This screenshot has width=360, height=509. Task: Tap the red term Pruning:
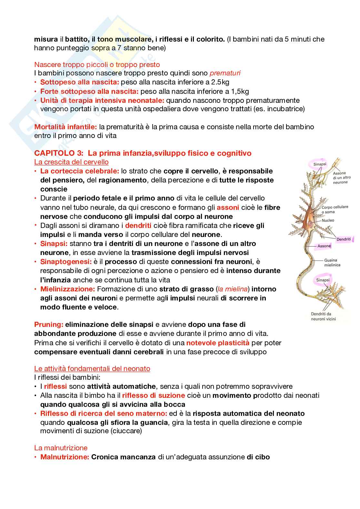(x=48, y=324)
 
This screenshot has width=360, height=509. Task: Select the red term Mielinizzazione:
(x=67, y=289)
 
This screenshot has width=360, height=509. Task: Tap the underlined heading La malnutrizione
(x=61, y=448)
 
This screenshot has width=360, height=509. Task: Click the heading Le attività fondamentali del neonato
(x=92, y=368)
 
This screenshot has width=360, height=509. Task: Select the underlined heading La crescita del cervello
(x=71, y=162)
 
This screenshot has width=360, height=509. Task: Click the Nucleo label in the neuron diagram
(x=328, y=220)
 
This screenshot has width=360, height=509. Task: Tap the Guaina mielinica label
(x=332, y=262)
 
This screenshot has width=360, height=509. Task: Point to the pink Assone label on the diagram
(x=324, y=246)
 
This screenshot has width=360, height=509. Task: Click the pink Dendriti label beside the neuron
(x=344, y=239)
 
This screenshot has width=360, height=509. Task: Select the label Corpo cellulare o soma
(x=335, y=210)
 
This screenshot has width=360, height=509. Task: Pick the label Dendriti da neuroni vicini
(x=323, y=316)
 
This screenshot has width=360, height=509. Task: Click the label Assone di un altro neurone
(x=342, y=178)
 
